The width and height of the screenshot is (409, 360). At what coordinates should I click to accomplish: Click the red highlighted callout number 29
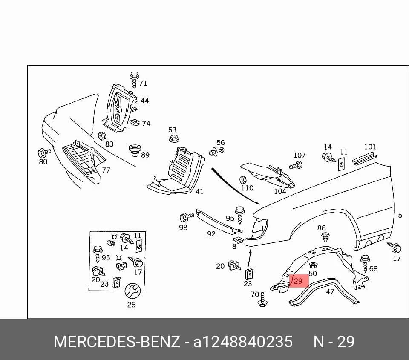click(298, 281)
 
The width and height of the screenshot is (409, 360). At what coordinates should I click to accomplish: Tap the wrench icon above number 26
click(132, 291)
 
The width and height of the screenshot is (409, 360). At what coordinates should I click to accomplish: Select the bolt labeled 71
click(134, 80)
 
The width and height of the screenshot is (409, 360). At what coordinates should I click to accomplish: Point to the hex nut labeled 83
click(101, 136)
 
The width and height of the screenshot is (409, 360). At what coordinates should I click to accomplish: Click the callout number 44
click(145, 101)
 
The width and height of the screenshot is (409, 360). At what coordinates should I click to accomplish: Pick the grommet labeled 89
click(135, 150)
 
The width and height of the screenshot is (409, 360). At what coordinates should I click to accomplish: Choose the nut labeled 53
click(174, 138)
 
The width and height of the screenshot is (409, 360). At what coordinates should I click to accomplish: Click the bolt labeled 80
click(44, 153)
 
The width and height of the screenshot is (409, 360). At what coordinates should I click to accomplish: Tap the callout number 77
click(106, 170)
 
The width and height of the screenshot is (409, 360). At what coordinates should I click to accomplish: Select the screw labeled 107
click(296, 165)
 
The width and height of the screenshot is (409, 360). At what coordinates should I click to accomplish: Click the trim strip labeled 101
click(364, 158)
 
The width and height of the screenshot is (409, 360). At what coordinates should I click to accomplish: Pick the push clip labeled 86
click(325, 237)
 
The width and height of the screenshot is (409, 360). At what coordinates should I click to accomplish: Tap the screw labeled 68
click(365, 263)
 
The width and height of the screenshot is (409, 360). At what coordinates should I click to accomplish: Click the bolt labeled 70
click(262, 300)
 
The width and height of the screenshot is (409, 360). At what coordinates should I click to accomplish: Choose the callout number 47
click(330, 292)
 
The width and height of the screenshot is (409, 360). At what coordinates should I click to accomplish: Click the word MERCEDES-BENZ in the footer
click(117, 342)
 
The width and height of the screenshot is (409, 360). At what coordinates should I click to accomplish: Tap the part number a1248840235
click(243, 342)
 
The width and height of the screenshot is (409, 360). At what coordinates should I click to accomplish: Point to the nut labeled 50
click(313, 265)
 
